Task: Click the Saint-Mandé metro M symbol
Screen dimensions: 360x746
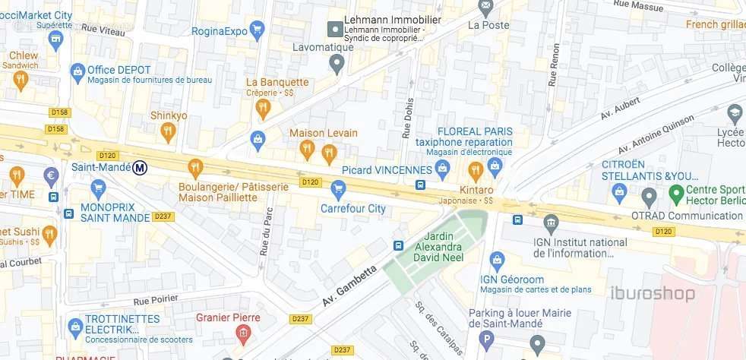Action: (x=140, y=168)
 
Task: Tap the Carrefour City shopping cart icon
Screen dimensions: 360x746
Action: (x=339, y=187)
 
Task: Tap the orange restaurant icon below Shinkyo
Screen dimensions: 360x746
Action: (x=168, y=133)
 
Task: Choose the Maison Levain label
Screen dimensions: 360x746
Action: (x=324, y=133)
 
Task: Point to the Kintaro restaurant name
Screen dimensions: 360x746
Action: (x=476, y=189)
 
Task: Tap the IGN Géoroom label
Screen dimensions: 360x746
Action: (x=514, y=278)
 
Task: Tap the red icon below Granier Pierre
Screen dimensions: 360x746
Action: (x=242, y=333)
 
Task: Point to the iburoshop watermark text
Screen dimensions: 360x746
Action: (x=653, y=293)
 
